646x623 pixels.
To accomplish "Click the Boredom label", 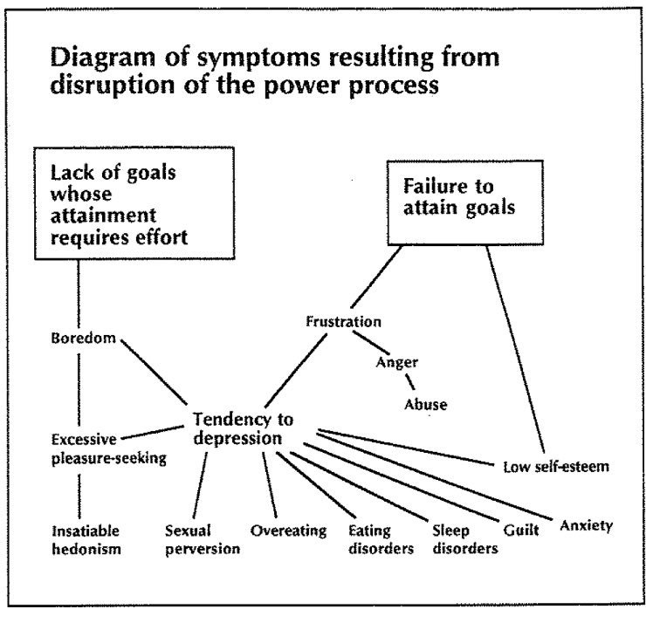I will pyautogui.click(x=83, y=339).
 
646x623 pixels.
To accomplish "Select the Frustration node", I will pyautogui.click(x=343, y=321).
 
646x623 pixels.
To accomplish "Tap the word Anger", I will pyautogui.click(x=396, y=363).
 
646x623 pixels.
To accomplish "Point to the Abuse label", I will pyautogui.click(x=425, y=404).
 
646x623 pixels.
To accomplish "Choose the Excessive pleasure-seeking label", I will pyautogui.click(x=107, y=448).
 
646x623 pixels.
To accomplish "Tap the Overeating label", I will pyautogui.click(x=288, y=530).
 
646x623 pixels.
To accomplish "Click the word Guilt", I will pyautogui.click(x=522, y=528).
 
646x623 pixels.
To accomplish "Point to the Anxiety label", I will pyautogui.click(x=586, y=525).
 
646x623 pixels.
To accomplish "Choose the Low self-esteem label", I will pyautogui.click(x=556, y=466).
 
